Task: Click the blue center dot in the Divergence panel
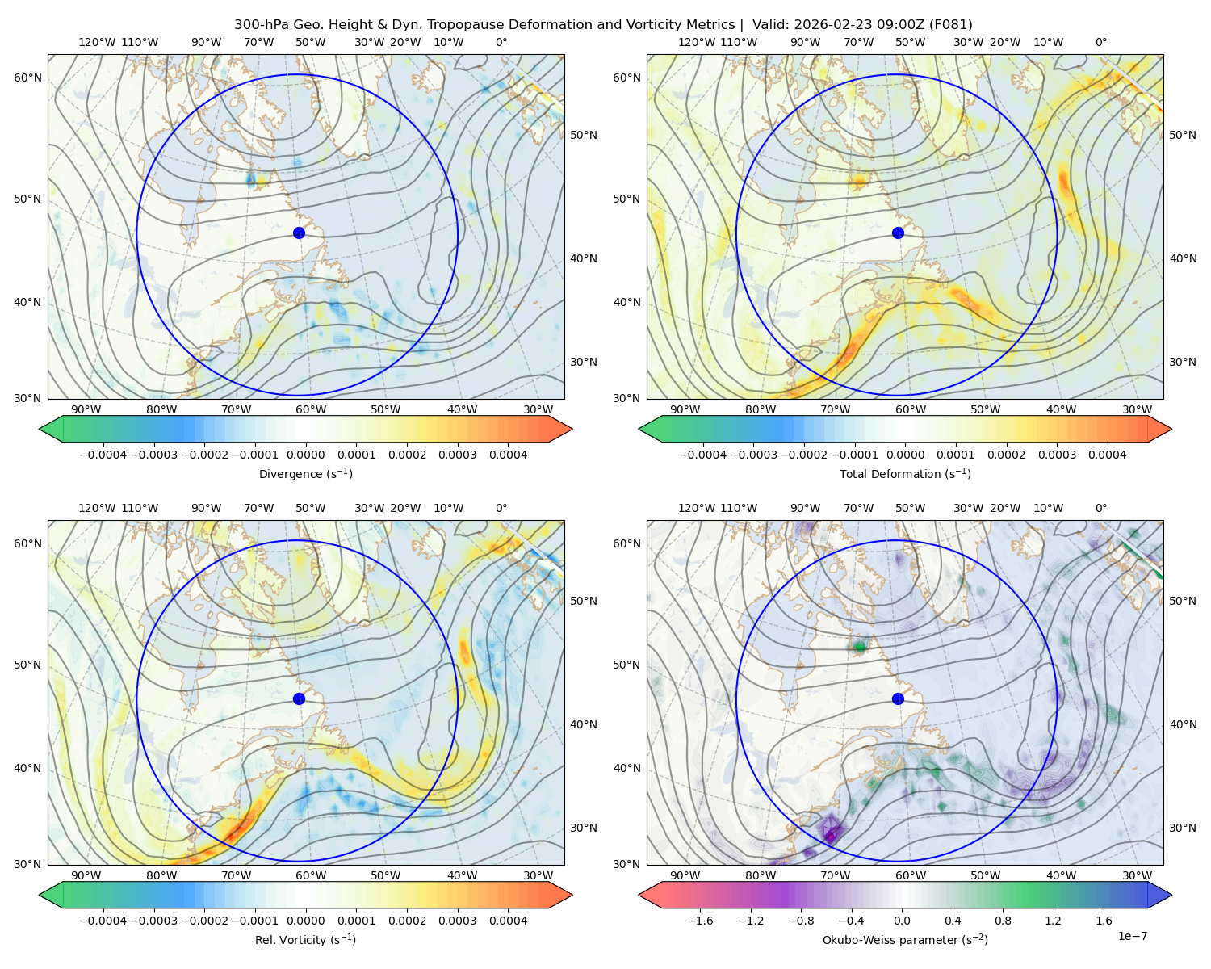click(299, 233)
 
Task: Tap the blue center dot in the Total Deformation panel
click(898, 233)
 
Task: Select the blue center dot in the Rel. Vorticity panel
click(299, 698)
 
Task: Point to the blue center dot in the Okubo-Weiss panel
click(898, 698)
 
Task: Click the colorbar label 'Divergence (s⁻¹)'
click(305, 473)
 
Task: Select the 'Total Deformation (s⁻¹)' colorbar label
click(905, 473)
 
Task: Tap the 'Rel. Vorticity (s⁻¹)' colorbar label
click(305, 939)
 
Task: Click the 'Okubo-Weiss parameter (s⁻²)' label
click(905, 939)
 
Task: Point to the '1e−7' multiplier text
click(1132, 936)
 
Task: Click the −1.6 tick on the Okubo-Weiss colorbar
click(701, 921)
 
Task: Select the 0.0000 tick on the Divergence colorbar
click(305, 455)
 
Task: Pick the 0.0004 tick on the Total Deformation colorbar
click(1107, 455)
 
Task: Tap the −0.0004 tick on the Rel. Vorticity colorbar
click(103, 921)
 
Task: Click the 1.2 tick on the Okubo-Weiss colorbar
click(1053, 921)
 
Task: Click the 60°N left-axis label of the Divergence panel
click(27, 78)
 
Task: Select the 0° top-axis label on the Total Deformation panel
click(1100, 42)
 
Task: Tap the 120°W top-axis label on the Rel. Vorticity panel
click(97, 508)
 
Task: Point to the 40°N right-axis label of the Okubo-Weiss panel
click(1183, 724)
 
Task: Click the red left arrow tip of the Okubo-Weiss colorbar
click(639, 896)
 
